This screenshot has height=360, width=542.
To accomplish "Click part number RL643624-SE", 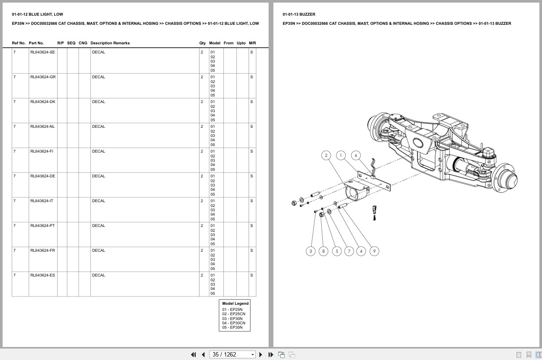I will (43, 52).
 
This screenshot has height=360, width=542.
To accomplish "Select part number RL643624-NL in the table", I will (43, 127).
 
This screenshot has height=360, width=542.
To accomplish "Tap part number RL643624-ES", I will (43, 275).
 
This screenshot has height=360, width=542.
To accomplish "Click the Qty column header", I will (203, 43).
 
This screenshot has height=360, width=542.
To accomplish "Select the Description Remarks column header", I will (110, 43).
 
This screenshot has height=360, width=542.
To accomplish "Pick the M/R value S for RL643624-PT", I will (251, 226).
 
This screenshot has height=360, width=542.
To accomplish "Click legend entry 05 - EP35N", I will (233, 327).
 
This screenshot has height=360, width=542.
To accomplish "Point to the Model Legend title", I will (235, 303).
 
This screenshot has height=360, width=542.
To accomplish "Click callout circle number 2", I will (326, 155).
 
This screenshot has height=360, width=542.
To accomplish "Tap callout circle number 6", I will (356, 155).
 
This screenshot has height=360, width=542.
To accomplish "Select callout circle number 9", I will (374, 251).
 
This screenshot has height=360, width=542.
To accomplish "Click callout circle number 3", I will (310, 251).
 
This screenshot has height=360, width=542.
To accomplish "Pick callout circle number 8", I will (323, 251).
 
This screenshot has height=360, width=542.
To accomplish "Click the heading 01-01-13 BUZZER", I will (299, 14).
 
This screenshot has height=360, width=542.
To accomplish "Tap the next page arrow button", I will (261, 354).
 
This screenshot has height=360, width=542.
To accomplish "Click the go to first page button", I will (193, 354).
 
